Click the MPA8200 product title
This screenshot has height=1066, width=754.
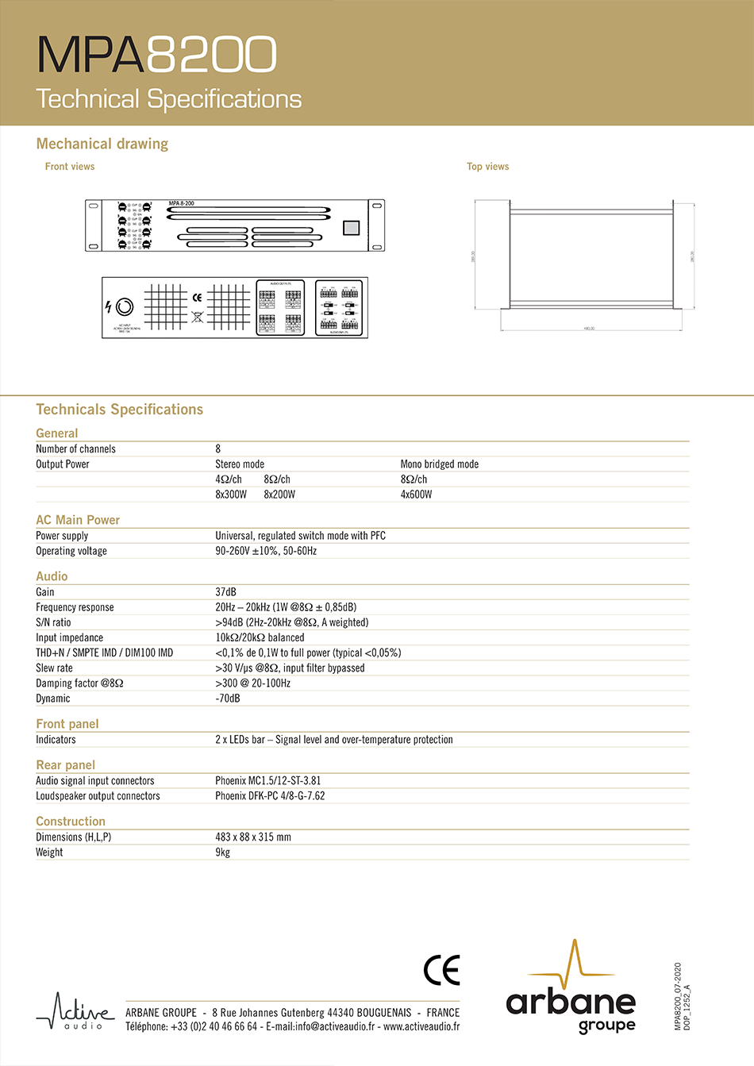click(x=156, y=55)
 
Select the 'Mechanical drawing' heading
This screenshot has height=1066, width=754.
click(x=102, y=144)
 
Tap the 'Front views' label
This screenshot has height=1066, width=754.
click(x=70, y=167)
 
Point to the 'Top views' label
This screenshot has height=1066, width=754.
click(x=487, y=167)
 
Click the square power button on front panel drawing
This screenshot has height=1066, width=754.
click(x=351, y=228)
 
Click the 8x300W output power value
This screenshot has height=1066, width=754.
click(x=231, y=495)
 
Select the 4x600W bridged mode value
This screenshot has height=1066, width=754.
click(x=416, y=495)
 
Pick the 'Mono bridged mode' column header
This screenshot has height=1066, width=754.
click(x=439, y=464)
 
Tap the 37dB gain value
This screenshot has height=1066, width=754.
click(x=225, y=592)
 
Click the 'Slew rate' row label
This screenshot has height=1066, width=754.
click(x=54, y=668)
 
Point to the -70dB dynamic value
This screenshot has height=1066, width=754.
click(x=227, y=698)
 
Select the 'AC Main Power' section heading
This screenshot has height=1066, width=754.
click(x=78, y=520)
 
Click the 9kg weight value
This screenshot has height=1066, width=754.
click(x=222, y=852)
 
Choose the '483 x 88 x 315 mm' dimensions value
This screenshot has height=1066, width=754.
click(x=252, y=837)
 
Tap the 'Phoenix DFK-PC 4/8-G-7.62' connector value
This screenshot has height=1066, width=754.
click(x=270, y=796)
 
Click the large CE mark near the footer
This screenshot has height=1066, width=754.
click(x=441, y=970)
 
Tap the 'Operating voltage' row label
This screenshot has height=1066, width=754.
click(x=71, y=551)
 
